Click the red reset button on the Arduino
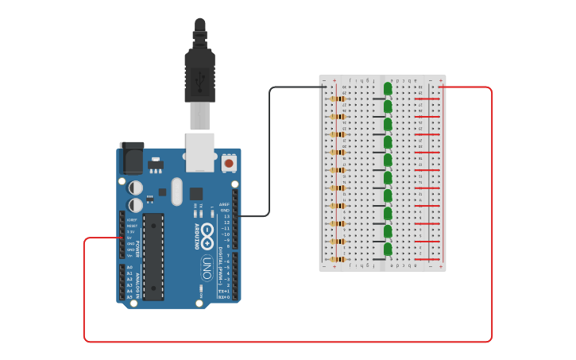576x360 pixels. pos(229,163)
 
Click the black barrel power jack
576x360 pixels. pos(131,158)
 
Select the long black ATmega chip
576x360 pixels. pos(153,256)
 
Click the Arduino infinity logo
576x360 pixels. pos(207,235)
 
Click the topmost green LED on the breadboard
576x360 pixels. pos(388,88)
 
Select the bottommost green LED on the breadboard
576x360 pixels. pos(388,250)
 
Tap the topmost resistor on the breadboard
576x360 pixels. pos(338,99)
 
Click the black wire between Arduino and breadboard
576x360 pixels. pos(270,159)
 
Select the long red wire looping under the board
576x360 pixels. pos(286,342)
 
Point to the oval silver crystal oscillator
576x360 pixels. pos(176,191)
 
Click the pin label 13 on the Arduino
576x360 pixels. pos(226,216)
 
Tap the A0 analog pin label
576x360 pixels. pos(130,268)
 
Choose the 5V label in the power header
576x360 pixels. pos(130,238)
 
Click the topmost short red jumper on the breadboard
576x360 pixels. pos(427,99)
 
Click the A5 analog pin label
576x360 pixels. pos(130,297)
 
